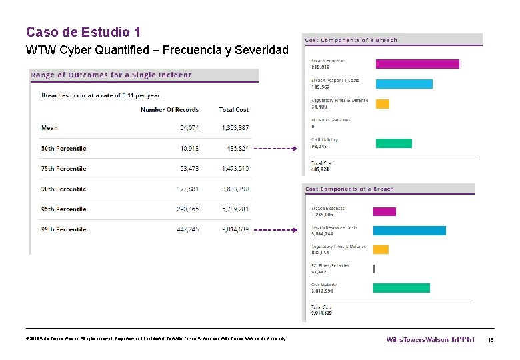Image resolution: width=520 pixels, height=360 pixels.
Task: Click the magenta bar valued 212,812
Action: [x=417, y=64]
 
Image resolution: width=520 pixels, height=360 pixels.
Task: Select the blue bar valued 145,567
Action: [x=404, y=84]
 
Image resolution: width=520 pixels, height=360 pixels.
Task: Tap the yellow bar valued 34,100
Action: [x=383, y=104]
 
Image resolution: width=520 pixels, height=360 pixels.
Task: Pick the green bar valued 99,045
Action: [x=394, y=143]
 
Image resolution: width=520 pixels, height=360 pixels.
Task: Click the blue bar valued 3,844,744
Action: [x=409, y=231]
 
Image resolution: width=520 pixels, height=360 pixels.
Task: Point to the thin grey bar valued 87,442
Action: [x=374, y=269]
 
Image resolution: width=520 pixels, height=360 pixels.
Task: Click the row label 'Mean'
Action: [x=49, y=127]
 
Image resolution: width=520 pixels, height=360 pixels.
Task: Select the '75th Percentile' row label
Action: [x=63, y=169]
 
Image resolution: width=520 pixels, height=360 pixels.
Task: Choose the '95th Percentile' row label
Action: [x=63, y=209]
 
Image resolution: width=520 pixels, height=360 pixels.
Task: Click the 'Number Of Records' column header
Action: [x=169, y=109]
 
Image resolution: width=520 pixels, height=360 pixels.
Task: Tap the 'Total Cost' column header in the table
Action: [x=233, y=109]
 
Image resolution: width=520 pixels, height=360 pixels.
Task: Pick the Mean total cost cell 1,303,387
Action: [x=235, y=127]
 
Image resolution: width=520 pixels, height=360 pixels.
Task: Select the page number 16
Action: [x=490, y=339]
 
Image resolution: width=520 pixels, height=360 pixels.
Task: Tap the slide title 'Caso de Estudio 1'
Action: [x=83, y=31]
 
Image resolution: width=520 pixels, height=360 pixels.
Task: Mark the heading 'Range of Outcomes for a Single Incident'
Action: [x=111, y=75]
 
